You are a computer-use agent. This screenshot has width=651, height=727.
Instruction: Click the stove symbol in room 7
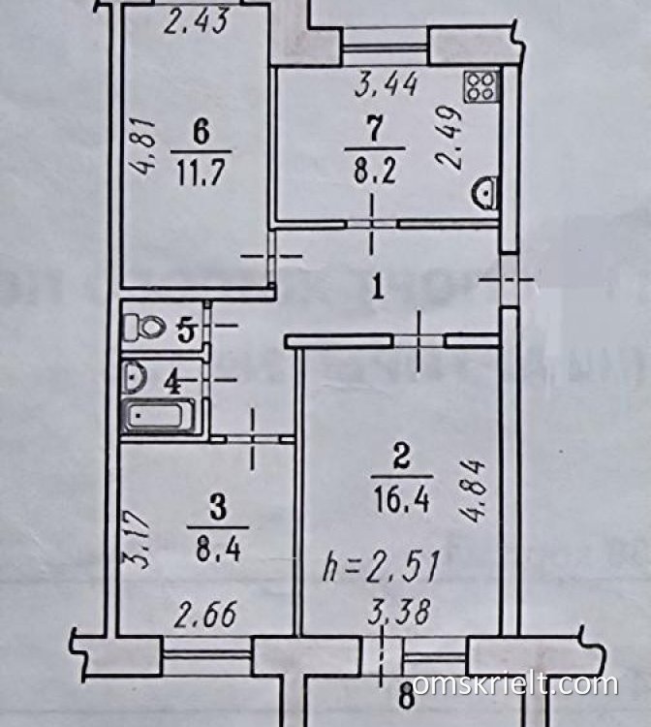point(481,87)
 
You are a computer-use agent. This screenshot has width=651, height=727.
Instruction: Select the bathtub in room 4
point(158,416)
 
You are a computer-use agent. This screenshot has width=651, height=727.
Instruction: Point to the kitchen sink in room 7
point(485,192)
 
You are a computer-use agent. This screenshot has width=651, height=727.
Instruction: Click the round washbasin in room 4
point(135,375)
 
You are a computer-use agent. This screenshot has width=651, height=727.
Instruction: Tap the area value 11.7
point(201,172)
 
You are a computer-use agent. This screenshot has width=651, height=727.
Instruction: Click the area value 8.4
point(217,550)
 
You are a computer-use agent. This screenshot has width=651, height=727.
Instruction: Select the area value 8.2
point(375,171)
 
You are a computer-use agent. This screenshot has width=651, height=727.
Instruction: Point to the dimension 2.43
point(197,21)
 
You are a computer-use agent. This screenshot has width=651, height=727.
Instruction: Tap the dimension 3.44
point(386,84)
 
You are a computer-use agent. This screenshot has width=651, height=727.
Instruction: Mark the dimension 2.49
point(449,138)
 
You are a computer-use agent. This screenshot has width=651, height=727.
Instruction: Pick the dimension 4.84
point(473,490)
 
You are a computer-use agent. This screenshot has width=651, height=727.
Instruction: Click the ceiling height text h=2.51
point(381,566)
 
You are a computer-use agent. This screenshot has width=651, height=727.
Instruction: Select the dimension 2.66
point(205,614)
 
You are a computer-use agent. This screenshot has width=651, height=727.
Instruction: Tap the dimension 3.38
point(398,612)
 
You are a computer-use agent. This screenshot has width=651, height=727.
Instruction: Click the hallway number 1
point(378,288)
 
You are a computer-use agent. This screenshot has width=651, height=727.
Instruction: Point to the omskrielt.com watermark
point(514,684)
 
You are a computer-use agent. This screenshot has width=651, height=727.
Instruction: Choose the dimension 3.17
point(137,539)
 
